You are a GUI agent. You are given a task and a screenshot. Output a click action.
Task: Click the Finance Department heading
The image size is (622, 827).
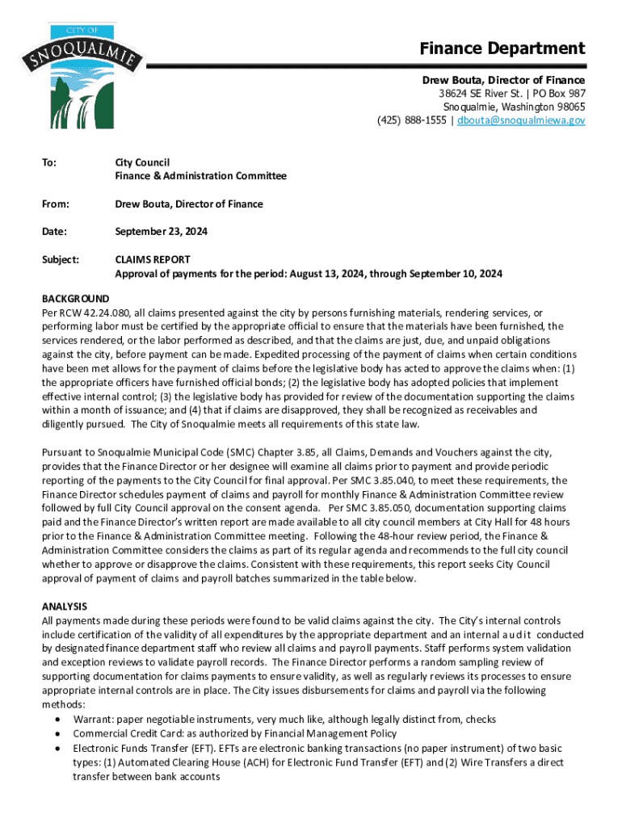502,48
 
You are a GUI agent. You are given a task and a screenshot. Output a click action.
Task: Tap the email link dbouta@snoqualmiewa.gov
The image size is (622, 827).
520,120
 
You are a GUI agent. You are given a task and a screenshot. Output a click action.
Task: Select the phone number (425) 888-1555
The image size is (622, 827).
414,120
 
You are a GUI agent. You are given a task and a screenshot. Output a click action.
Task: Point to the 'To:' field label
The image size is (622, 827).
49,162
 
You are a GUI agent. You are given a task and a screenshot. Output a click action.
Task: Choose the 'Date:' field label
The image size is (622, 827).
54,232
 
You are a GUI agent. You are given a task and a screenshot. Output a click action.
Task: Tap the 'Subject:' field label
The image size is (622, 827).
61,260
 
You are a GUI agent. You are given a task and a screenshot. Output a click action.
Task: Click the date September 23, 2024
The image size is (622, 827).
161,232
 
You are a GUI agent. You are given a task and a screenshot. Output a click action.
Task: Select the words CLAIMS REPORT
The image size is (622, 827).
152,260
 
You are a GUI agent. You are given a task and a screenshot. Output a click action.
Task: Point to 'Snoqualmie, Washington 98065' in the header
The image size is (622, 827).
514,107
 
